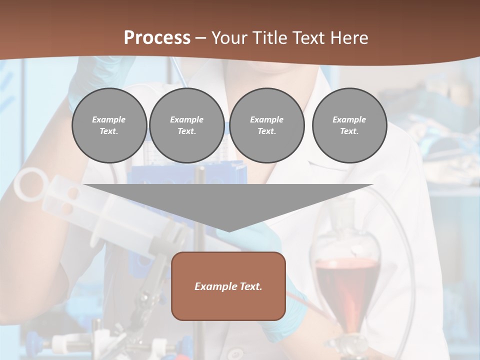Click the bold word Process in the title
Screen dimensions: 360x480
[157, 38]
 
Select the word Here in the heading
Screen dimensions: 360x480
[350, 38]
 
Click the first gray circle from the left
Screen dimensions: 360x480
[109, 125]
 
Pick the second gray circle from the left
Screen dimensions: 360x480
[186, 125]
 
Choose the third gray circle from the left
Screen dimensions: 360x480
[266, 125]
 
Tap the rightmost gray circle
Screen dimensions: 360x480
[349, 125]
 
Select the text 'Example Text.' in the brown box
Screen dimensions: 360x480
[228, 286]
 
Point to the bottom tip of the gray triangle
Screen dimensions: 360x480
[228, 230]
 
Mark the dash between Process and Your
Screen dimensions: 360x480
[200, 38]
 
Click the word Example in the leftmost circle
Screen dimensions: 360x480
[109, 119]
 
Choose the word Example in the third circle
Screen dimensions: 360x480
[266, 119]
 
